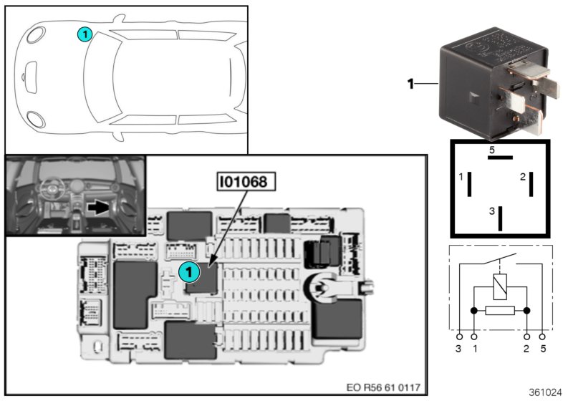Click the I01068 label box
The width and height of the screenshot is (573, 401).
[x=246, y=183]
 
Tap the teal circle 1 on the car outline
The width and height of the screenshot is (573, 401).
[x=85, y=34]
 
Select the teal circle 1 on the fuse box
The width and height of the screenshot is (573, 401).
[x=188, y=271]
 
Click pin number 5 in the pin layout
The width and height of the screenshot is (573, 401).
[x=492, y=150]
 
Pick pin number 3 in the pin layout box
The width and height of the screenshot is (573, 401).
[x=491, y=211]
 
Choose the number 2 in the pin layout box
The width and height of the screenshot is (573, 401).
[x=523, y=176]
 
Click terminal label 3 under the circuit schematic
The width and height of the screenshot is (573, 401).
[x=458, y=349]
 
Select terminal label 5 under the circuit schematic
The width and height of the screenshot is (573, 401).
[x=543, y=349]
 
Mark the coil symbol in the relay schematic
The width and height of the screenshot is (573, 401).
[x=500, y=287]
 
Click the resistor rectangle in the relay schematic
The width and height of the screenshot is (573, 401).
[x=500, y=311]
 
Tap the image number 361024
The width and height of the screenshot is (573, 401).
[x=546, y=393]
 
